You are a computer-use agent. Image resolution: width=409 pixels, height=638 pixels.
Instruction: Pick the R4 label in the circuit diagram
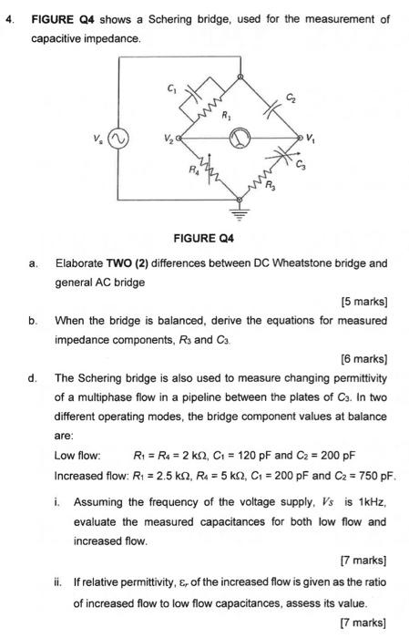click(x=191, y=169)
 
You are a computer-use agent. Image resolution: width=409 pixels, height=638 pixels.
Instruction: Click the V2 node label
click(x=168, y=139)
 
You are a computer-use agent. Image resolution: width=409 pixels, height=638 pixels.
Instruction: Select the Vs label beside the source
click(x=97, y=139)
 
